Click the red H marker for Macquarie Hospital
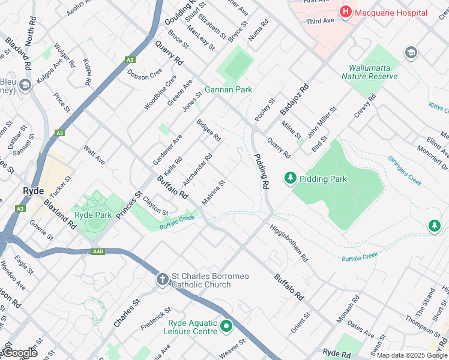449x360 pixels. coord(346,11)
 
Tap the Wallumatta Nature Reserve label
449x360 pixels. coord(369,72)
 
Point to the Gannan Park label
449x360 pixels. coord(228,89)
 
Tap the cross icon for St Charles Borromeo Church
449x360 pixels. coord(163,280)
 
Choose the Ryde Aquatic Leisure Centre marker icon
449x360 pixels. coord(226,326)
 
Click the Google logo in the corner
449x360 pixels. coord(20,353)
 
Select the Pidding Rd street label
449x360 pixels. coord(262,172)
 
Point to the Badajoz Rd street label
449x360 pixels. coord(294,100)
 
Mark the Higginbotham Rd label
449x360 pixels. coord(289,244)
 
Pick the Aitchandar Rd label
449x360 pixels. coord(197,169)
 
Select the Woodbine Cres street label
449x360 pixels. coord(160,92)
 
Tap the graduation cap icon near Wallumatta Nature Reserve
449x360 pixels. coord(411,52)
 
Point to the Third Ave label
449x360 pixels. coord(320,21)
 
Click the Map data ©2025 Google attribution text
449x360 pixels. coord(411,355)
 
